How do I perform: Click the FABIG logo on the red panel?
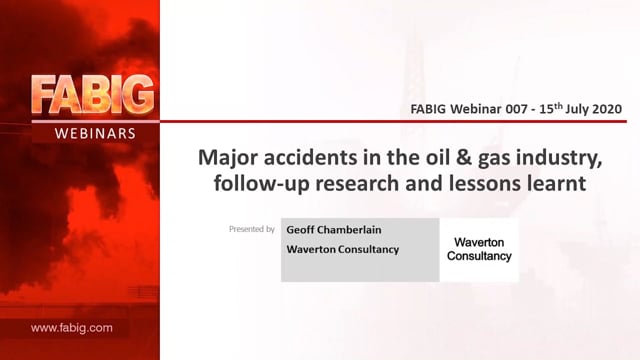tap(93, 95)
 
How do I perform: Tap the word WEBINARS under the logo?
tap(95, 133)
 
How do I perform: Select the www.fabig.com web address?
tap(71, 328)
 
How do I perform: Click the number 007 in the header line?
tap(518, 109)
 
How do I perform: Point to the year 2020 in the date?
tap(607, 109)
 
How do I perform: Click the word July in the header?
tap(577, 109)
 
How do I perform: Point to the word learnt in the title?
tap(556, 183)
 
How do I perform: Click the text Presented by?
tap(252, 229)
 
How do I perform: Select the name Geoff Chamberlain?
tap(334, 230)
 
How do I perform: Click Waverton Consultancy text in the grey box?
tap(342, 249)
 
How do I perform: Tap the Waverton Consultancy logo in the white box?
tap(479, 249)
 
